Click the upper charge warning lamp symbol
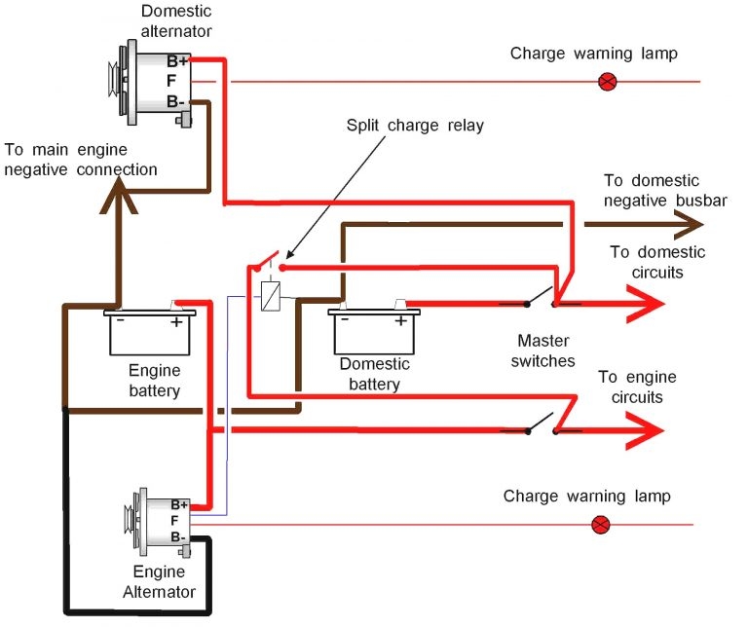(607, 82)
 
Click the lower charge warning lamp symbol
(601, 525)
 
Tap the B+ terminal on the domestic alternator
(176, 60)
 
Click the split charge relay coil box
(270, 295)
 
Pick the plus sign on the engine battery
(176, 321)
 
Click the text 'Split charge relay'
(414, 127)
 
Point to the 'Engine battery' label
(154, 382)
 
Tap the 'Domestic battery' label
(375, 374)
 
